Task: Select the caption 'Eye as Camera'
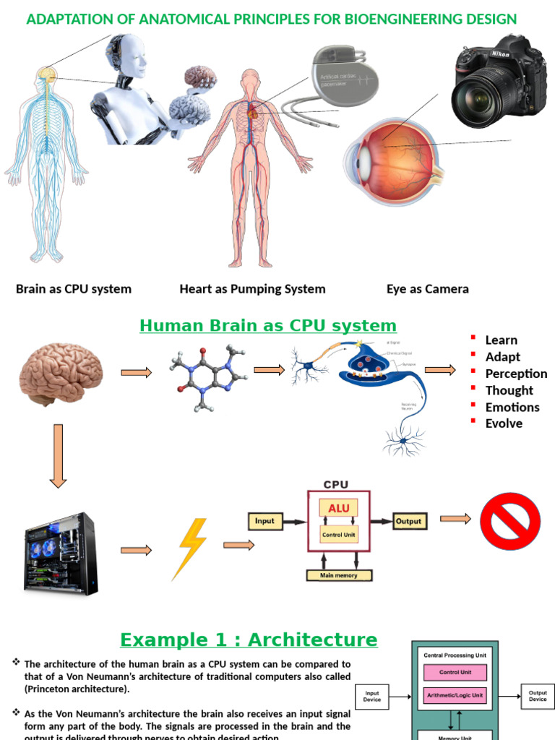coord(427,289)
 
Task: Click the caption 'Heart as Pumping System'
coord(252,289)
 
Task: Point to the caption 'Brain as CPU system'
coord(74,289)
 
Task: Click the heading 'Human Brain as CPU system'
coord(267,325)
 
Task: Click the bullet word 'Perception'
coord(516,374)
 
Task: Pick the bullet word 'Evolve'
coord(504,423)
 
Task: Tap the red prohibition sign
coord(511,520)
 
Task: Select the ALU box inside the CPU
coord(338,508)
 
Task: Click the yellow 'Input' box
coord(264,520)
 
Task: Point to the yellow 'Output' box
coord(408,520)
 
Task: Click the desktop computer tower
coord(61,553)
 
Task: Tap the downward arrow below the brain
coord(59,455)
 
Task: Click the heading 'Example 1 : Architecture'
coord(248,640)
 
